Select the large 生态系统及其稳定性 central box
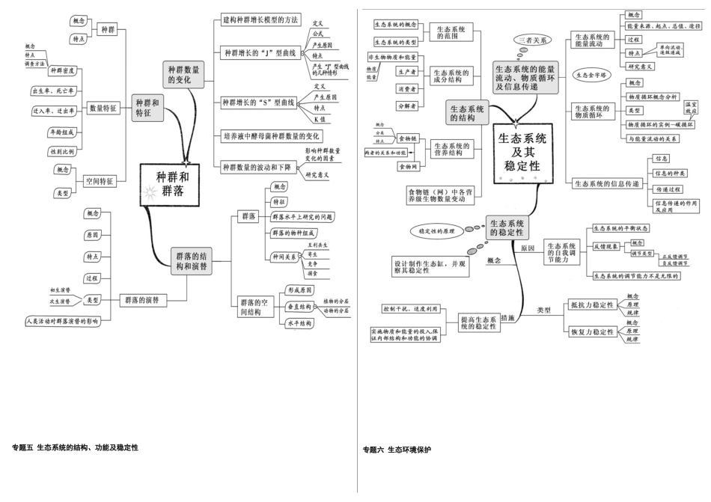click(522, 157)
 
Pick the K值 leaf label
click(319, 120)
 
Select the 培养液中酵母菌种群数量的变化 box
click(272, 136)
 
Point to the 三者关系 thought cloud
click(533, 39)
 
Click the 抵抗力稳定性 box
click(591, 304)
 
